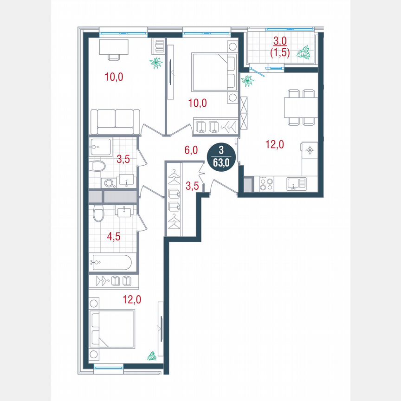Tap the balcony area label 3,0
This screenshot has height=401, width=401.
[x=279, y=44]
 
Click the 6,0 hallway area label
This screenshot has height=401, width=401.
[x=191, y=150]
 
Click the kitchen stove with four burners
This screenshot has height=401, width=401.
[x=266, y=184]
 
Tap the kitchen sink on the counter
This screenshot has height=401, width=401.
[x=295, y=184]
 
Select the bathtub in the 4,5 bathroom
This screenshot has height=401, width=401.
[x=111, y=262]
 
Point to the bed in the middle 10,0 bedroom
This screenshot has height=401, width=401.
[x=214, y=72]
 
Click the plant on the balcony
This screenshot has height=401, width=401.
[x=304, y=52]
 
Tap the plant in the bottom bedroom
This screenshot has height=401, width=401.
[x=152, y=356]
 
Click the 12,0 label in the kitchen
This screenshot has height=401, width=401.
[x=275, y=144]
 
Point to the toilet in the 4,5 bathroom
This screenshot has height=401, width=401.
[x=98, y=214]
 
